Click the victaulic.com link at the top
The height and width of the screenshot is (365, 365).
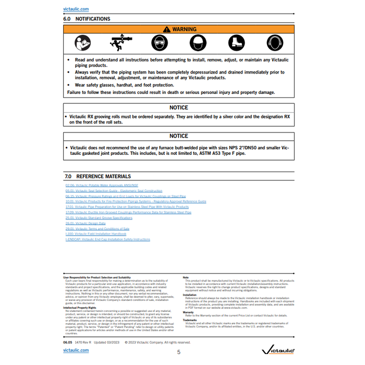[x=76, y=9]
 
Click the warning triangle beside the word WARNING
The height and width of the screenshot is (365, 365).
[x=167, y=29]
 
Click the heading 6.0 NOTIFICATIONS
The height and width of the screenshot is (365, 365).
[x=87, y=19]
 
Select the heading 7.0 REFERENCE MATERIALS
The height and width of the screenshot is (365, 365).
[x=98, y=176]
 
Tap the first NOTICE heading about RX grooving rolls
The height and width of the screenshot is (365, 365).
[x=179, y=107]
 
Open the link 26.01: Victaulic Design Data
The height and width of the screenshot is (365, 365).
[x=86, y=223]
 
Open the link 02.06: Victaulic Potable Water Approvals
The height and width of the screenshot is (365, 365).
[x=102, y=185]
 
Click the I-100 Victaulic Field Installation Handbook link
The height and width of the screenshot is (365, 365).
[x=96, y=234]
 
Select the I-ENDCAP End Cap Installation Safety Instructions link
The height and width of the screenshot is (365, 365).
[x=108, y=240]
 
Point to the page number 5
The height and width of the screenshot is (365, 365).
[x=179, y=352]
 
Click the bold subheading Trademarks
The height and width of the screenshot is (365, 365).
[x=190, y=320]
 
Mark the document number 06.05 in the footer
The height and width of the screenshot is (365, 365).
[x=68, y=343]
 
